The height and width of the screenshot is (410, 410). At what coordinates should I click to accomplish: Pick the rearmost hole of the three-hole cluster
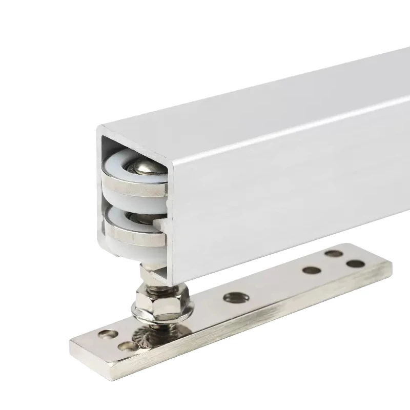334,253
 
